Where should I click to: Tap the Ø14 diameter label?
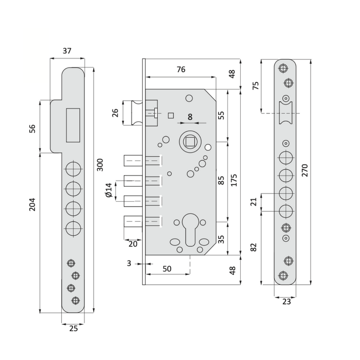click(x=108, y=191)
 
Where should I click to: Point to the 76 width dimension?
click(x=180, y=69)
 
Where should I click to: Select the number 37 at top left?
click(x=67, y=51)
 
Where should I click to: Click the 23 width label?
click(x=286, y=302)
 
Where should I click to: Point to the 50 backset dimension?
click(x=166, y=269)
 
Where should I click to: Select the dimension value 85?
click(x=221, y=180)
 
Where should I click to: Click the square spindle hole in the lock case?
click(x=189, y=142)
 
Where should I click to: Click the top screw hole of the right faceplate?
click(x=283, y=68)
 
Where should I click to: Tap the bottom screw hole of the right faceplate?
click(x=283, y=275)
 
